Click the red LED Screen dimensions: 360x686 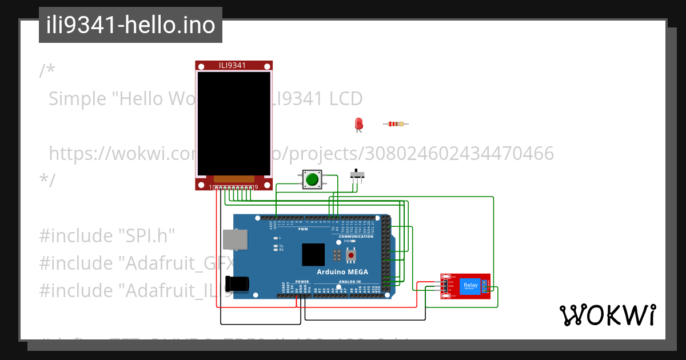(x=358, y=123)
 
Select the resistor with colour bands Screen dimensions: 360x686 (x=396, y=124)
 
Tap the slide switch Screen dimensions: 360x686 (x=358, y=174)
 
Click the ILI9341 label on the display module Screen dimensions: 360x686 (x=233, y=65)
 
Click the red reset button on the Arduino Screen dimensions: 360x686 (x=350, y=253)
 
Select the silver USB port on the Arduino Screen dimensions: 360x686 (x=234, y=240)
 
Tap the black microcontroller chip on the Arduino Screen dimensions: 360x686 (x=313, y=254)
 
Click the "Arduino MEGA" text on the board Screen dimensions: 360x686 (x=343, y=271)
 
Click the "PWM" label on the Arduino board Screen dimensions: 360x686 (x=303, y=229)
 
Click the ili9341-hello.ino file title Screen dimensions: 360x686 (x=130, y=25)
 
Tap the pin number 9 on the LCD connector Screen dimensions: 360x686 (x=256, y=187)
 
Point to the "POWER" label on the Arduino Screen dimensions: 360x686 (x=302, y=282)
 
